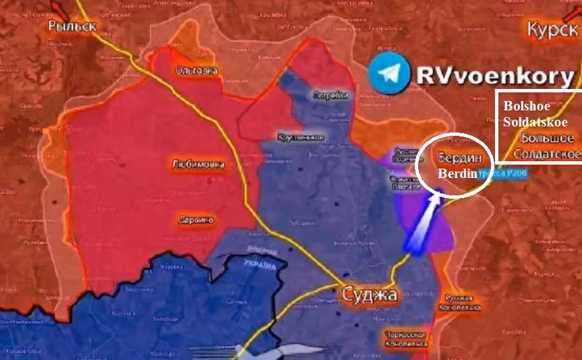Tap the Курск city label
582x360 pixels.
click(552, 30)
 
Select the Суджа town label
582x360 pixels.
click(370, 294)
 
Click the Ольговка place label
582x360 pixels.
click(196, 70)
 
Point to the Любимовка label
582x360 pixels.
click(198, 164)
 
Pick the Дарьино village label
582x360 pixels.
click(196, 219)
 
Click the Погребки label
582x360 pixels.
click(330, 96)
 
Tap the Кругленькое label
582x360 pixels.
click(301, 137)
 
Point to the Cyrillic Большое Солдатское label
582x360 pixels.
click(547, 146)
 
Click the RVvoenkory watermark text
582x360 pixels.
click(495, 75)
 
